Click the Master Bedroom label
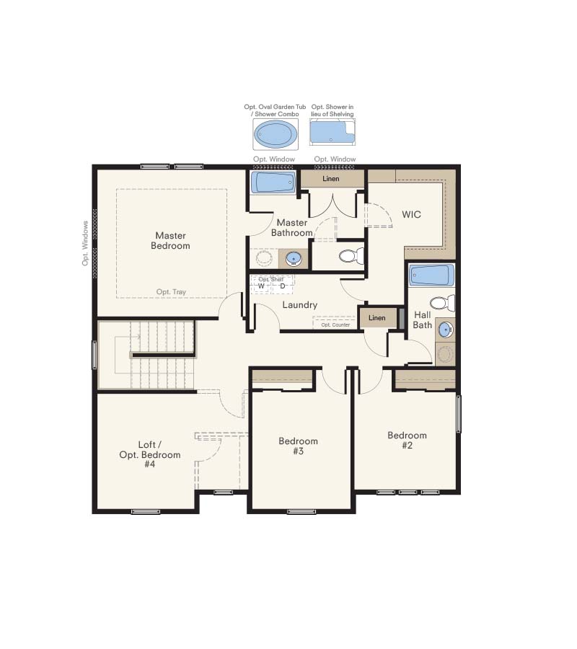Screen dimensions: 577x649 (170, 240)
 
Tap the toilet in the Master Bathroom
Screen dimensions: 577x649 (351, 256)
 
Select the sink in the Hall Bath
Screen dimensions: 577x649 (446, 330)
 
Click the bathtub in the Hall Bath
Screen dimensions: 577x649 (432, 275)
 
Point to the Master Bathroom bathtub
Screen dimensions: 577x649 (273, 182)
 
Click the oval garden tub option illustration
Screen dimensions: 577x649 (276, 134)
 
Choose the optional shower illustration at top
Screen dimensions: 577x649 (332, 132)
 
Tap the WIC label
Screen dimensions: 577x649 (411, 214)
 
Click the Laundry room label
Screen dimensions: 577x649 (299, 305)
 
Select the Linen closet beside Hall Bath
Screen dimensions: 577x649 (377, 318)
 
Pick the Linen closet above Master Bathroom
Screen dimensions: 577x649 (332, 179)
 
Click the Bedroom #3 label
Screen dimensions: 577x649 (298, 446)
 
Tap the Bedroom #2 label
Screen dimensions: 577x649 (407, 440)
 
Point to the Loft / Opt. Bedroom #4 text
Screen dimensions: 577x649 (150, 454)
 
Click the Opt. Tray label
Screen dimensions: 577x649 (171, 292)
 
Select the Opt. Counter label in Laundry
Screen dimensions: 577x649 (335, 325)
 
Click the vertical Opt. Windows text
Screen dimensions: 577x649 (85, 244)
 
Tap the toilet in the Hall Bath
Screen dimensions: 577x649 (442, 303)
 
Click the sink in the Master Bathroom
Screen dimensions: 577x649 (294, 259)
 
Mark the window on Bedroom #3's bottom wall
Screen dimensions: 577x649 (301, 511)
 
